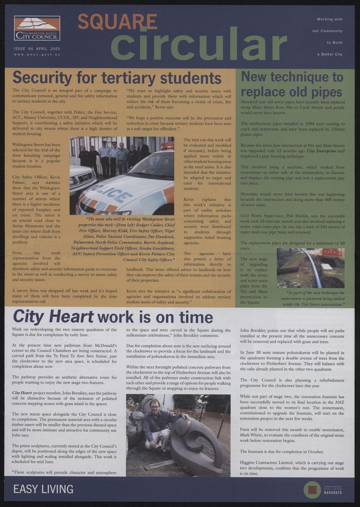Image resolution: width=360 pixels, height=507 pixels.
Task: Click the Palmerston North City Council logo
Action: tap(37, 28)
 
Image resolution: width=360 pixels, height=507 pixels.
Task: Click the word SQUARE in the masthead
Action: tap(117, 22)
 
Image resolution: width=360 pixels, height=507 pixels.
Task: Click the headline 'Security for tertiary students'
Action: tap(117, 78)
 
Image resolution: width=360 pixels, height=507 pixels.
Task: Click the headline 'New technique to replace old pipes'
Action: tap(292, 84)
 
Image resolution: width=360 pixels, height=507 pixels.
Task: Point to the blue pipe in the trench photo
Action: tap(311, 267)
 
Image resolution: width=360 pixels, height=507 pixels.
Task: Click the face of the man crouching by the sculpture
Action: tap(154, 406)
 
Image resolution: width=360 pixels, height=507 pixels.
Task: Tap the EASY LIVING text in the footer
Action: tap(43, 489)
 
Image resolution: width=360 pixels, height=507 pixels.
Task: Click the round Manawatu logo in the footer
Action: tap(312, 490)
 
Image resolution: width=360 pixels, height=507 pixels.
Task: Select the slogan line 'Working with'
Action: tap(329, 19)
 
